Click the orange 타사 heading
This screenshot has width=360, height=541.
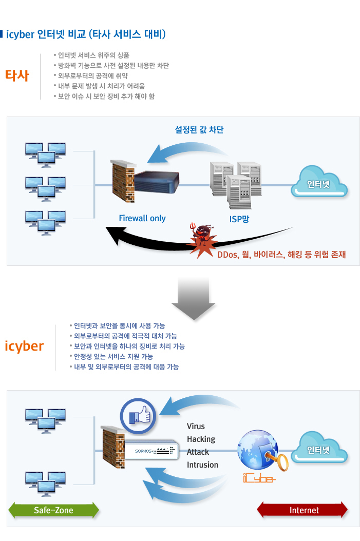tap(17, 75)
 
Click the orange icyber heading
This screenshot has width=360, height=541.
tap(24, 346)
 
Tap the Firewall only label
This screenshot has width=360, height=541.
tap(142, 218)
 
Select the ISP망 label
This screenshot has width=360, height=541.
tap(239, 219)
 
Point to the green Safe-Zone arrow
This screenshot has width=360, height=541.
tap(53, 510)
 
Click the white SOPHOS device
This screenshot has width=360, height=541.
tap(151, 451)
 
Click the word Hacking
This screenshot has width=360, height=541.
tap(201, 439)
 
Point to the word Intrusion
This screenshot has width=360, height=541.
tap(202, 465)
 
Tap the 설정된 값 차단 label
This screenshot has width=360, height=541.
tap(199, 130)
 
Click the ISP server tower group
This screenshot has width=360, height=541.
tap(236, 181)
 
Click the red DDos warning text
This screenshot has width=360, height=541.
tap(281, 255)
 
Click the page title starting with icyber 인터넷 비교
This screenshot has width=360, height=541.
tap(86, 35)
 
